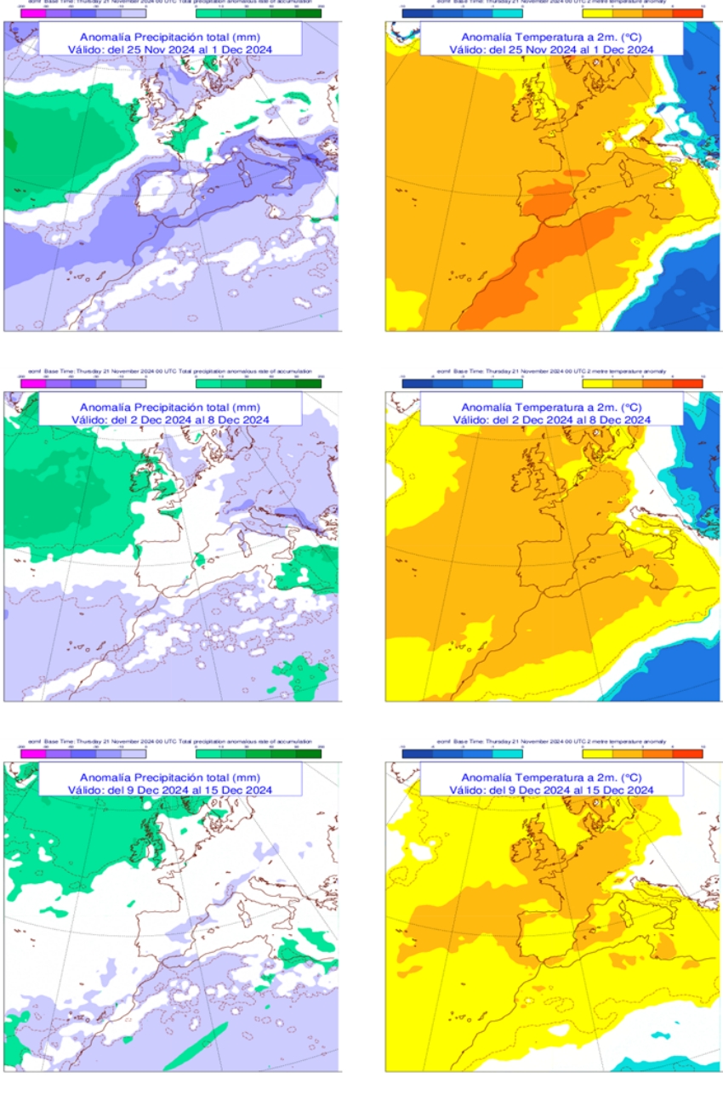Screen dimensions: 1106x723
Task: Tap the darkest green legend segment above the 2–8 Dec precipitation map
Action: [x=308, y=384]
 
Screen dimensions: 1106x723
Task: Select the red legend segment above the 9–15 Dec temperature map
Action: [x=687, y=752]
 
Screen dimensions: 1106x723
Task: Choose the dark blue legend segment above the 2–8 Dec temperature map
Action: [x=417, y=384]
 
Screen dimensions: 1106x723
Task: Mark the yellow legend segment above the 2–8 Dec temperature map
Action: [x=598, y=384]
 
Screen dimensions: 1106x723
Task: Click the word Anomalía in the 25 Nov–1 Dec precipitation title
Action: [x=105, y=37]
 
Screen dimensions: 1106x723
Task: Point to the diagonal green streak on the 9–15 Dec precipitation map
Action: [x=196, y=1046]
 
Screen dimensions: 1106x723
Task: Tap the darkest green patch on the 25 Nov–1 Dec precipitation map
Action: [x=9, y=136]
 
